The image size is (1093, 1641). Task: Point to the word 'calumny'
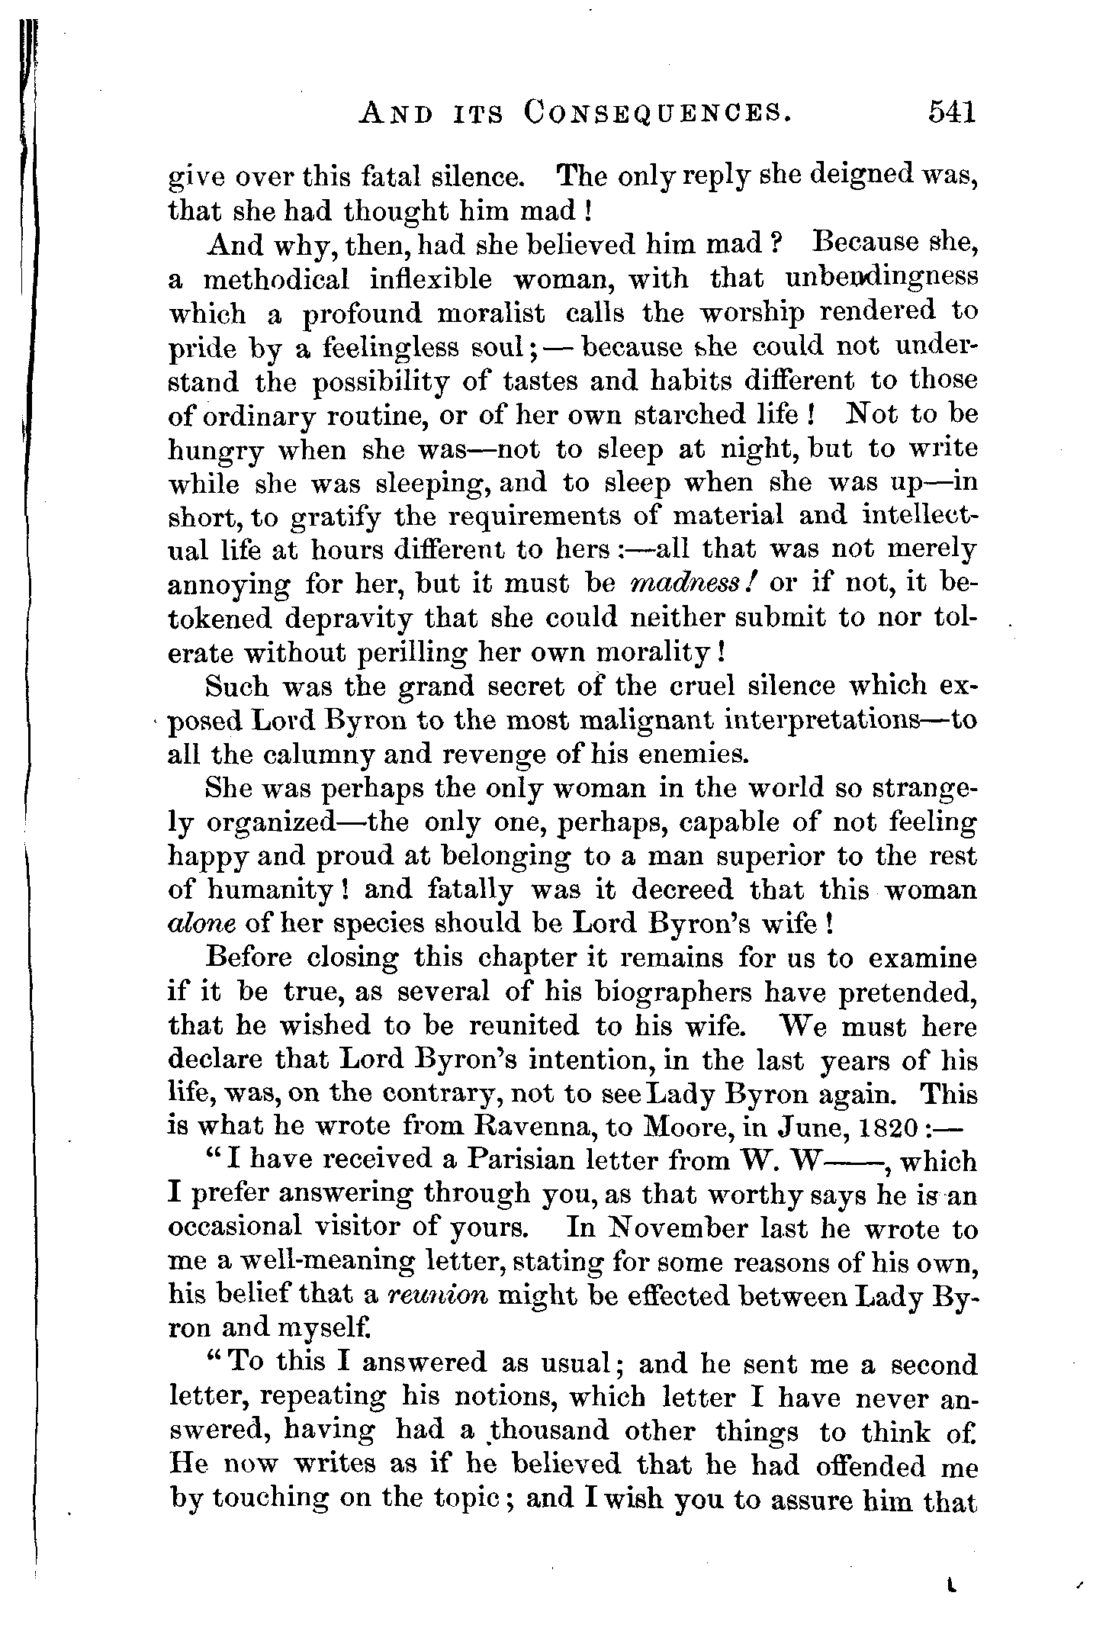point(309,755)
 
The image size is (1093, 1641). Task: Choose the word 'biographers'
point(673,993)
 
